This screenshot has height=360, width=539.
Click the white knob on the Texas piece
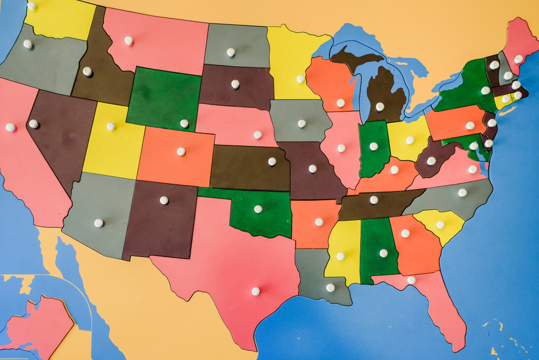[255, 291]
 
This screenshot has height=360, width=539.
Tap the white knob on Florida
[411, 280]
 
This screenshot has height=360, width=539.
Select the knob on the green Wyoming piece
[184, 123]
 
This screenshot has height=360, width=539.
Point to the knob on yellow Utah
[111, 126]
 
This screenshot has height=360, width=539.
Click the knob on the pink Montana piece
[128, 40]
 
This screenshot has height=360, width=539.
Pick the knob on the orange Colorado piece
[181, 151]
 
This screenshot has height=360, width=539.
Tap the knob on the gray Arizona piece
[99, 223]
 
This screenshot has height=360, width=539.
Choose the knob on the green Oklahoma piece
[258, 209]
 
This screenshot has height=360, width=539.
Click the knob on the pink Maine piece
[519, 59]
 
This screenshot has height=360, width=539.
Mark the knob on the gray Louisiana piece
[330, 288]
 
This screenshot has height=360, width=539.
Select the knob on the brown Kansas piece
[272, 161]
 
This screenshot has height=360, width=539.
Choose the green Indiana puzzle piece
[373, 151]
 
